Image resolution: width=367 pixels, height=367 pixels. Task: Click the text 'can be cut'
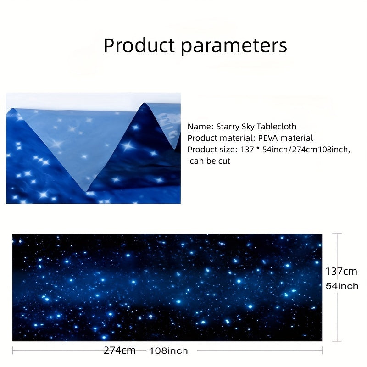point(210,161)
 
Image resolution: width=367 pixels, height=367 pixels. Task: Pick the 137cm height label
point(341,272)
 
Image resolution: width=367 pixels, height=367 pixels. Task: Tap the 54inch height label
point(342,286)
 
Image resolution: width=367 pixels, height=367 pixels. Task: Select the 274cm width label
point(119,350)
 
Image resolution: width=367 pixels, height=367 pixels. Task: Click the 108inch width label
point(168,351)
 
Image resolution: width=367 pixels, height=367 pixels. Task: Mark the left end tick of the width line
point(13,350)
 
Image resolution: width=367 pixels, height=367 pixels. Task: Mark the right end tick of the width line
point(322,350)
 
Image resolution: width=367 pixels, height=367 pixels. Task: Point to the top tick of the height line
point(338,234)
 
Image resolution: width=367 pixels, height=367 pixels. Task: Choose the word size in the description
point(224,150)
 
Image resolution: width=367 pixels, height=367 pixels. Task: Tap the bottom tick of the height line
point(338,341)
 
